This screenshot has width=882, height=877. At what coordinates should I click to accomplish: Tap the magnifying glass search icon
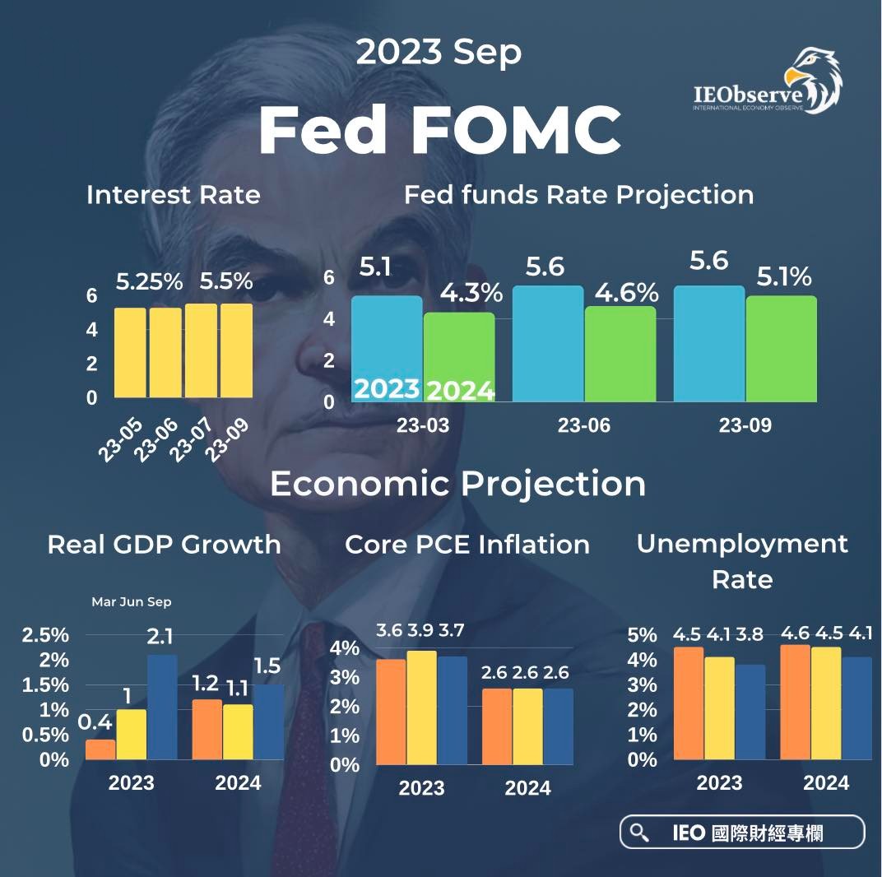pos(638,833)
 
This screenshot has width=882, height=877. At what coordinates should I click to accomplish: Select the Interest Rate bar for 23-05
pos(129,352)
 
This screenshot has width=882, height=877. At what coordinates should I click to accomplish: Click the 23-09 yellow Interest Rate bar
pos(236,350)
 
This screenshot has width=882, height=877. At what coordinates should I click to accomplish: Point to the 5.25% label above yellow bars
pos(149,282)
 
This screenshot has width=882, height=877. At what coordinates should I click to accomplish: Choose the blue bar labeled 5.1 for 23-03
pos(387,349)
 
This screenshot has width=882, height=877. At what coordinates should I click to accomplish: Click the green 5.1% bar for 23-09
pos(782,349)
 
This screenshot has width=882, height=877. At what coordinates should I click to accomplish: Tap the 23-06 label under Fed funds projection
pos(583,426)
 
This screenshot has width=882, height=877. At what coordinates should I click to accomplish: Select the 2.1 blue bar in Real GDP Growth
pos(162,707)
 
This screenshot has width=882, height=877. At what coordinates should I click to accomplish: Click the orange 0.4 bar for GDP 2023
pos(100,749)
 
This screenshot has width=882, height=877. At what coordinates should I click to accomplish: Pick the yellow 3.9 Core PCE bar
pos(422,708)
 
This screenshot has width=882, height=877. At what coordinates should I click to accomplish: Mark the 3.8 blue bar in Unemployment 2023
pos(750,712)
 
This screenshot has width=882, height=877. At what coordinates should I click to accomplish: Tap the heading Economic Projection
pos(457,484)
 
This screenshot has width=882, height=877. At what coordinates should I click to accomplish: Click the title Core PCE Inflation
pos(467,545)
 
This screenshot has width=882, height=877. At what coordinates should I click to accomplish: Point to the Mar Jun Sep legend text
pos(131,602)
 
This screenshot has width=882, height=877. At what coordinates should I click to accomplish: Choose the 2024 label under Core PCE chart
pos(527,787)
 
